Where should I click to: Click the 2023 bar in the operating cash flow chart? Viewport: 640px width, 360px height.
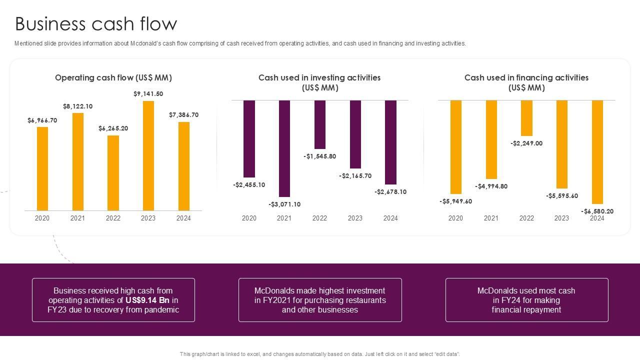click(x=148, y=155)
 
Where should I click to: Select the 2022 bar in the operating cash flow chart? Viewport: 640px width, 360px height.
click(x=113, y=173)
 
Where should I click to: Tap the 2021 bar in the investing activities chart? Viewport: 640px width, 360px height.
click(x=284, y=148)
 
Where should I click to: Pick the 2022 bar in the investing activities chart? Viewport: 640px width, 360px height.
click(x=319, y=124)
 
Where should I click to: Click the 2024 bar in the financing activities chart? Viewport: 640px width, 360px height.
click(x=597, y=152)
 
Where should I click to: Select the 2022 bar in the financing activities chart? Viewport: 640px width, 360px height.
click(x=526, y=118)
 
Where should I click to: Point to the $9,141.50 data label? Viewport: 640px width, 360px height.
click(x=148, y=94)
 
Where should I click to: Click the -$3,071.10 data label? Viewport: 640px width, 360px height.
click(x=284, y=204)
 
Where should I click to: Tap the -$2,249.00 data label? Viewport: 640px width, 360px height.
click(x=526, y=143)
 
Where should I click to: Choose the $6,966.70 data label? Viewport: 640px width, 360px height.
click(x=42, y=120)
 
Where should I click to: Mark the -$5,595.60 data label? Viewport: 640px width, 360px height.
click(x=562, y=196)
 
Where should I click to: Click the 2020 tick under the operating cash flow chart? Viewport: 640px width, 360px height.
click(x=42, y=218)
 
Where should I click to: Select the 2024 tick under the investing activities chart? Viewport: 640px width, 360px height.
click(x=390, y=218)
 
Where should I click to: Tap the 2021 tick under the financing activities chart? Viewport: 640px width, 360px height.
click(x=491, y=218)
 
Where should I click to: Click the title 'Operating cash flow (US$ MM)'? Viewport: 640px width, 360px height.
click(x=113, y=77)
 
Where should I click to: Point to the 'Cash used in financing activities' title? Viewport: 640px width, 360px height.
click(x=526, y=78)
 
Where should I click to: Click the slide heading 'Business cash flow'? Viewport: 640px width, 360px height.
click(x=96, y=24)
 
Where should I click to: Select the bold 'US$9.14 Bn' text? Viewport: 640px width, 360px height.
click(x=147, y=300)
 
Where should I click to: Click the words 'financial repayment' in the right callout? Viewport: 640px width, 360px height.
click(x=526, y=310)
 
